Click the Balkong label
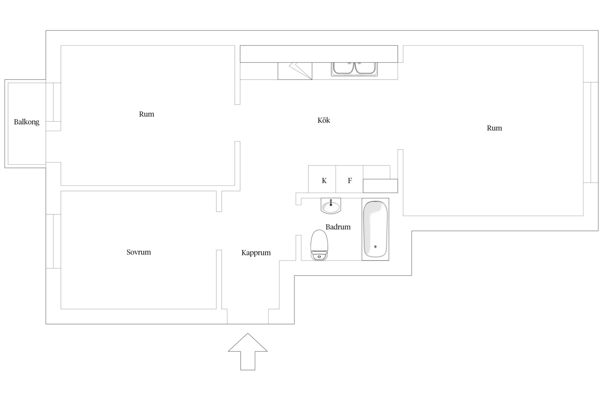[27, 122]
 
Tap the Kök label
[323, 120]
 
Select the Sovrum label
[138, 252]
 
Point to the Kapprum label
[256, 253]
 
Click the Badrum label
[338, 227]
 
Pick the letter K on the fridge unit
[324, 181]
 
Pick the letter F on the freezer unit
[350, 181]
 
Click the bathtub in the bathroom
[375, 229]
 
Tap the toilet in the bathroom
[319, 245]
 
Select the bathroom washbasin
[331, 206]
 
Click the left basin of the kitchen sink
[343, 68]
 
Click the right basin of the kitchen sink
[365, 68]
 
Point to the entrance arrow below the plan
[248, 352]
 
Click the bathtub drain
[375, 247]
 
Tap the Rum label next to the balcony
[146, 114]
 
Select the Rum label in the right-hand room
[494, 128]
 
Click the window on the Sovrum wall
[53, 241]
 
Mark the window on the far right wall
[591, 133]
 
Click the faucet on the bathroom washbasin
[331, 202]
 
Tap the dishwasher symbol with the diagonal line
[295, 71]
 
